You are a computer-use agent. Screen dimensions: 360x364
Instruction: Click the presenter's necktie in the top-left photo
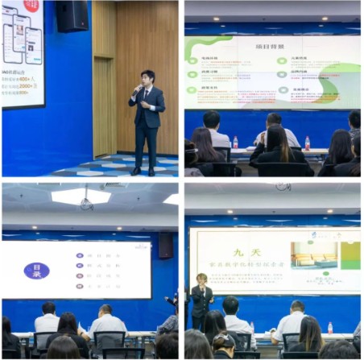click(146, 96)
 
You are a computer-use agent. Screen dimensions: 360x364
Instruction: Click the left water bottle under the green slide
click(235, 143)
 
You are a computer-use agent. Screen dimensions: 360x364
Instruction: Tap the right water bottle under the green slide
click(307, 143)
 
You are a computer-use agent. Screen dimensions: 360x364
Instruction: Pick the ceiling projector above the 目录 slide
click(85, 202)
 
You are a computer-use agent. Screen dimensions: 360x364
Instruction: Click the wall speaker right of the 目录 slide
click(166, 246)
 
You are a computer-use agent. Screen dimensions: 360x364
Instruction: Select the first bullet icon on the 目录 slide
click(78, 255)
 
